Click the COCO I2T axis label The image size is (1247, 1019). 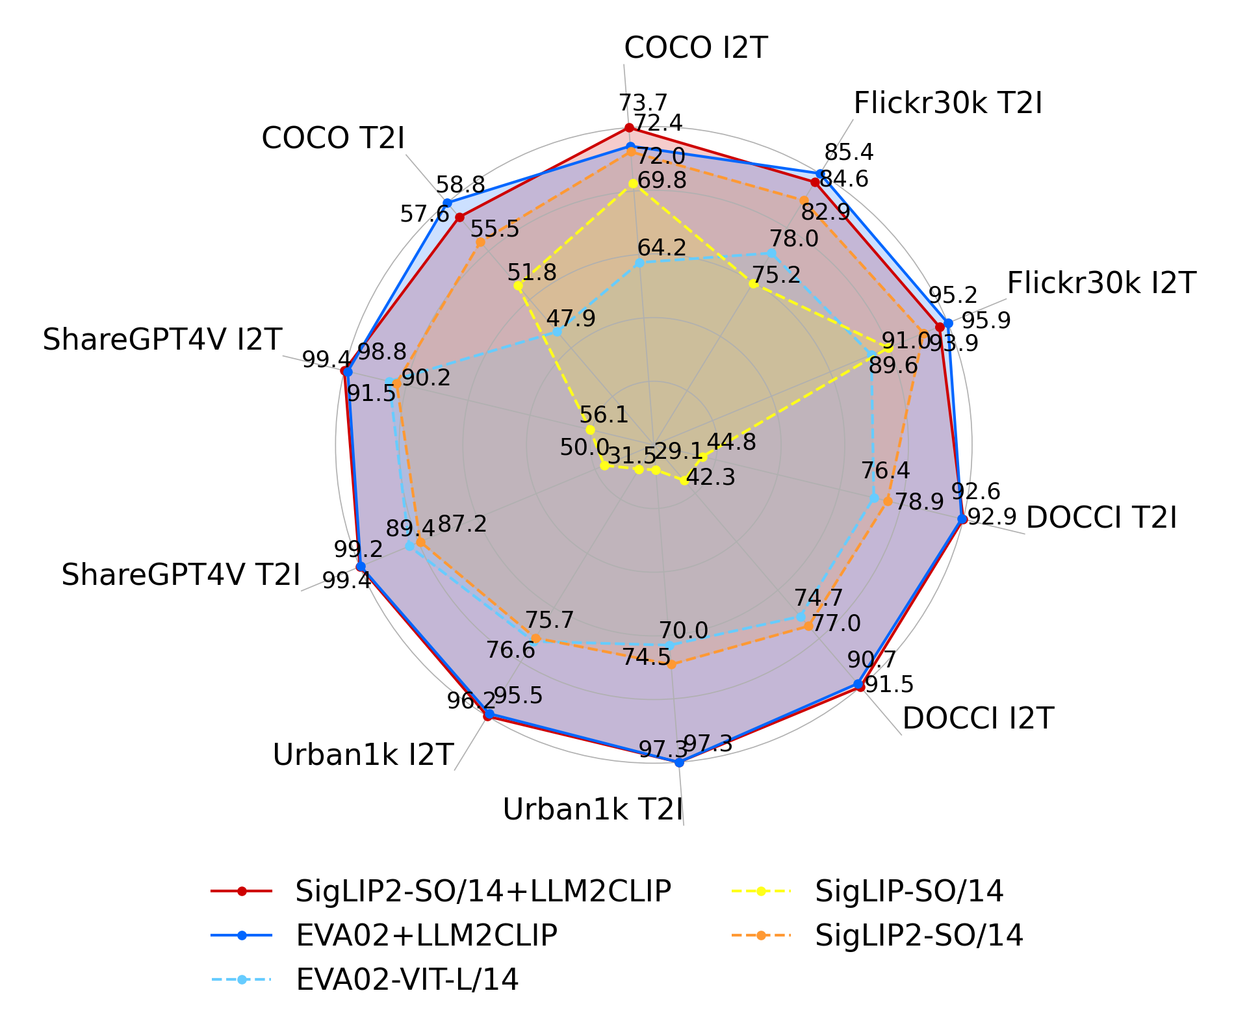pos(695,48)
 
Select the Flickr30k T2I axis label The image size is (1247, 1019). pos(947,103)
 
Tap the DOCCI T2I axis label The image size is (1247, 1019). pos(1101,518)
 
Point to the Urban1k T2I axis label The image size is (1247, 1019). pos(593,810)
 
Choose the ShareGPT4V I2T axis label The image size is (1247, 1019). pos(162,340)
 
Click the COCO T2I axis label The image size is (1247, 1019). pos(333,138)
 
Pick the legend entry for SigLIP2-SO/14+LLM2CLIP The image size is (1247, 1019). pos(483,891)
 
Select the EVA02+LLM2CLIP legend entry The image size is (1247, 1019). pos(426,935)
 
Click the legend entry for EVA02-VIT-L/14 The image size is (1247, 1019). pos(407,979)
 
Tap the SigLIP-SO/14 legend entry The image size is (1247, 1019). pos(909,891)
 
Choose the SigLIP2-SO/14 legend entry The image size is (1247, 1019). pos(919,935)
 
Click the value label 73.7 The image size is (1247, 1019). pos(643,103)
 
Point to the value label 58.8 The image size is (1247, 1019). pos(460,185)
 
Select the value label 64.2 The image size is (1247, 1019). pos(662,248)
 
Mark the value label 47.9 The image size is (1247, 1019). pos(571,318)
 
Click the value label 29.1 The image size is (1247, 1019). pos(678,451)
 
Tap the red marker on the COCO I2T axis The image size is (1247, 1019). pos(628,127)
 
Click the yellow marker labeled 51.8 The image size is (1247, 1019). pos(518,286)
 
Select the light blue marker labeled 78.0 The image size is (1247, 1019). pos(771,253)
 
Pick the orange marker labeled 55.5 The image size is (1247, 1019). pos(480,242)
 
